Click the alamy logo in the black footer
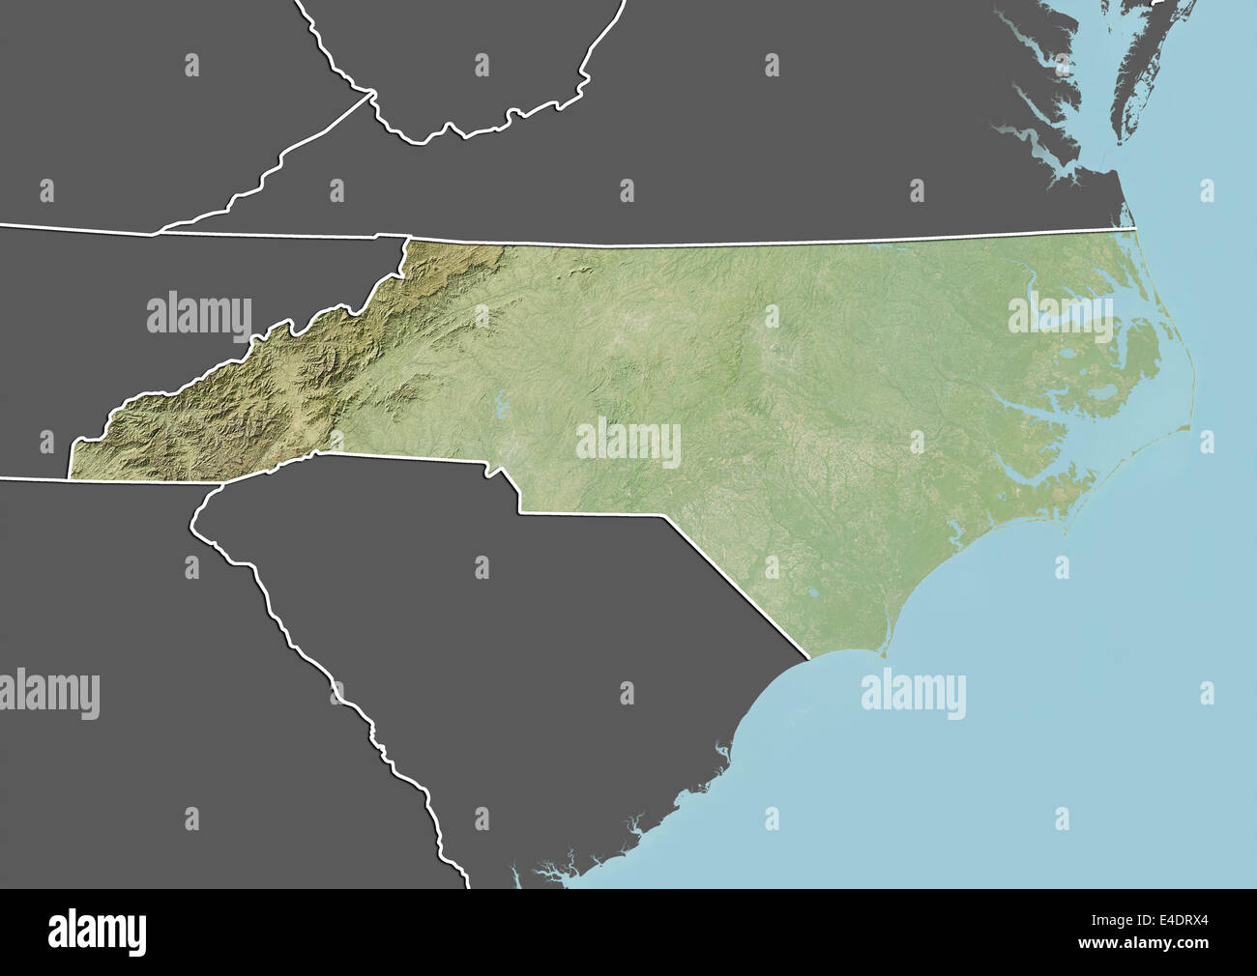coord(97,933)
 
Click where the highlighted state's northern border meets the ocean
coord(1137,228)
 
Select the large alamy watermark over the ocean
coord(913,693)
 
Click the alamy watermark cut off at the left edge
coord(48,693)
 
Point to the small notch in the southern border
coord(494,473)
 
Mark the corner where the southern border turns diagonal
coord(663,515)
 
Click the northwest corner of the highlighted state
coord(409,237)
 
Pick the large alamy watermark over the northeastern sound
coord(1061,314)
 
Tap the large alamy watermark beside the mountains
coord(199,313)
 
